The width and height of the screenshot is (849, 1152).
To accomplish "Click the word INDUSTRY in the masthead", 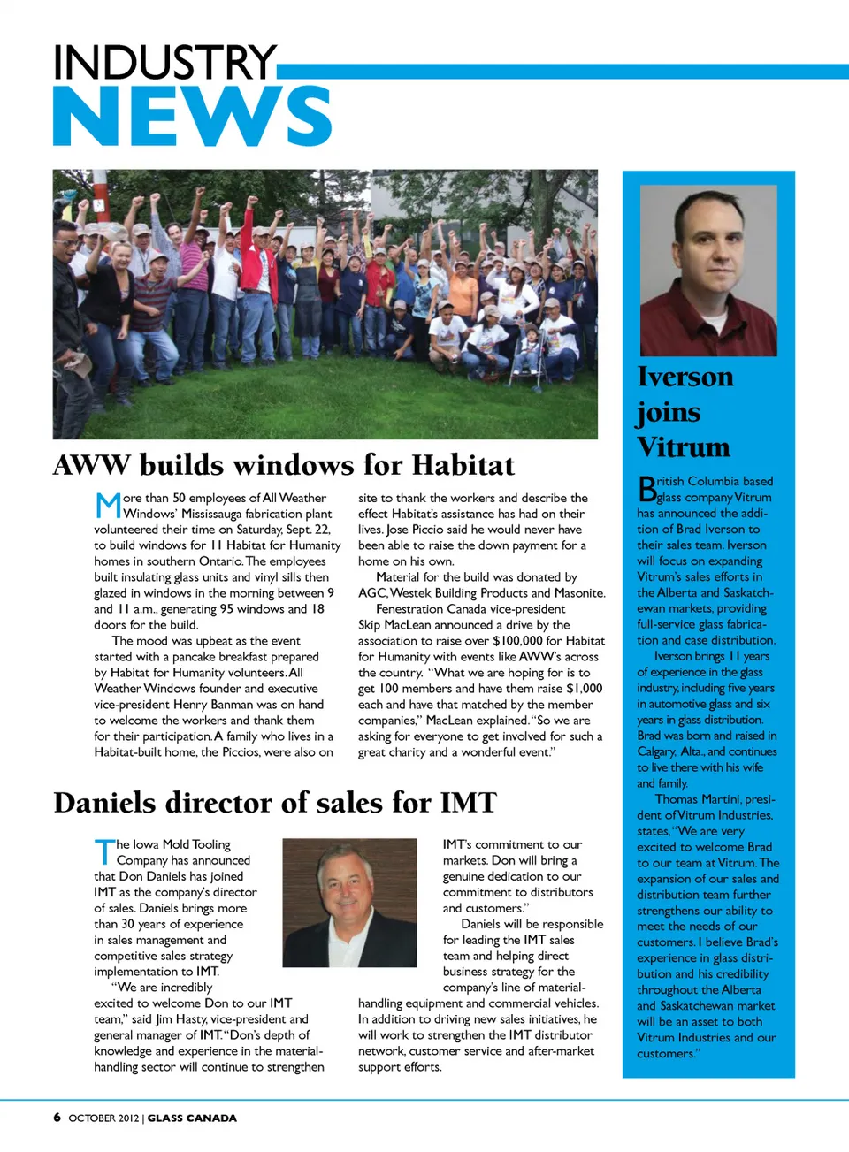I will click(164, 63).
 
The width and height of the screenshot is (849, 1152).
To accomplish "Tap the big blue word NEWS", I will click(192, 116).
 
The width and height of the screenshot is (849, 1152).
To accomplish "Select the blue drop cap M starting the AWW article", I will click(107, 506).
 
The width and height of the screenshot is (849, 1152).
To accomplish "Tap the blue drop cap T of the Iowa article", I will click(103, 852).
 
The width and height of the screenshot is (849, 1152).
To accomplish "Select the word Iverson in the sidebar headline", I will click(685, 378).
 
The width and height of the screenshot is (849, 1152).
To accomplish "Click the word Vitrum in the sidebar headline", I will click(684, 447).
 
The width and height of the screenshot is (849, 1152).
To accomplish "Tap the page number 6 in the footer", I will click(57, 1118).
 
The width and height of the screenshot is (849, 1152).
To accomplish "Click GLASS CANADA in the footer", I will click(192, 1118).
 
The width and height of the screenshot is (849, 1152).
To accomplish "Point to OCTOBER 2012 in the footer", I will click(103, 1118).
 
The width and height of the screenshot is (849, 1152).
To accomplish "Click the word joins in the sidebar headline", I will click(669, 413).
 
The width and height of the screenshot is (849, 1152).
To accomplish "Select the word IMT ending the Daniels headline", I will click(469, 803).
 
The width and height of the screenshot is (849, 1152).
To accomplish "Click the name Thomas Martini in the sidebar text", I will click(699, 799).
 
